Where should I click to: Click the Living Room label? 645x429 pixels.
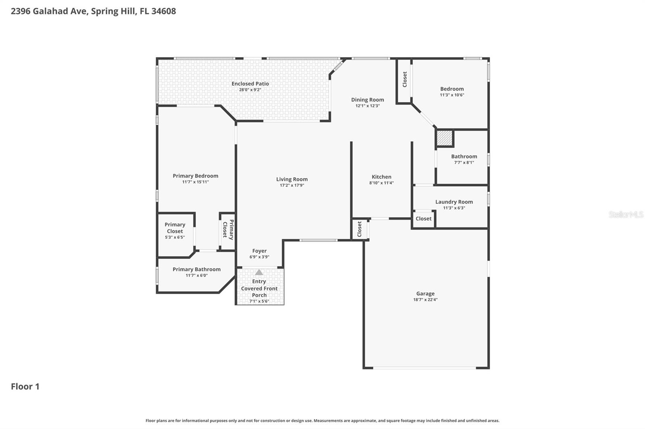(x=292, y=179)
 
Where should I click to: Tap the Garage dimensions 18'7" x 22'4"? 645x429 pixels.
(x=425, y=300)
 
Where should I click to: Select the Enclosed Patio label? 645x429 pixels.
(x=250, y=84)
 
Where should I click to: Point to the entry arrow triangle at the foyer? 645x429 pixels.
(x=259, y=272)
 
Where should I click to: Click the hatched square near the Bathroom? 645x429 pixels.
(x=445, y=138)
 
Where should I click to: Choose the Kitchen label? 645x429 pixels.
(x=381, y=177)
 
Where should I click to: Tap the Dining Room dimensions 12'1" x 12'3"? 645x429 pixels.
(x=367, y=106)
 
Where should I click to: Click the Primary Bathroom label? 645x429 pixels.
(x=196, y=269)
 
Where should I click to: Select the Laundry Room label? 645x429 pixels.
(x=454, y=202)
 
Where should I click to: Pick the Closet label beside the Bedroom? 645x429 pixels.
(x=405, y=79)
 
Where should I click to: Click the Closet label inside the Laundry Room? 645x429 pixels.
(x=423, y=219)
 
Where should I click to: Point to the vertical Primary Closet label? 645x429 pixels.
(x=228, y=230)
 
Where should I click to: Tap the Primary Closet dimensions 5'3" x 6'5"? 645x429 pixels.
(x=175, y=237)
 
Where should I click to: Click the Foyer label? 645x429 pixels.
(x=259, y=251)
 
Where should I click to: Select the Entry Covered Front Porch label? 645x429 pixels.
(x=259, y=288)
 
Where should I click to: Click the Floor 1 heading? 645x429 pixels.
(x=25, y=386)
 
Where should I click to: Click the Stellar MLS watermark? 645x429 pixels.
(x=626, y=214)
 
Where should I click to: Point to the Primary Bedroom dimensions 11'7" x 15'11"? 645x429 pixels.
(x=196, y=182)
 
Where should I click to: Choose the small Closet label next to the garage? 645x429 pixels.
(x=360, y=229)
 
